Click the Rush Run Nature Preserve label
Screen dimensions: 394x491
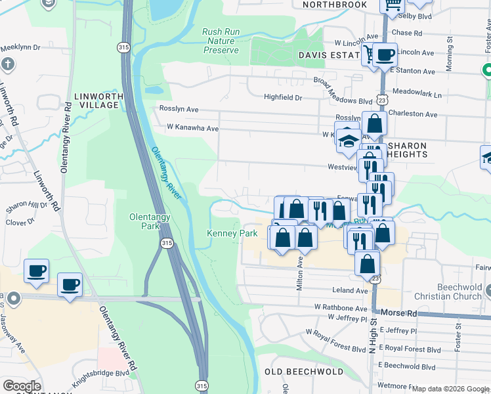[x=220, y=41]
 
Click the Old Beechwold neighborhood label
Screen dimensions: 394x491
[x=303, y=372]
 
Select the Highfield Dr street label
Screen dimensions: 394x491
[x=282, y=97]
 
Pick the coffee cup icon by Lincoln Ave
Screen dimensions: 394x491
[x=385, y=54]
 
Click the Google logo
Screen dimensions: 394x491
[x=22, y=386]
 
